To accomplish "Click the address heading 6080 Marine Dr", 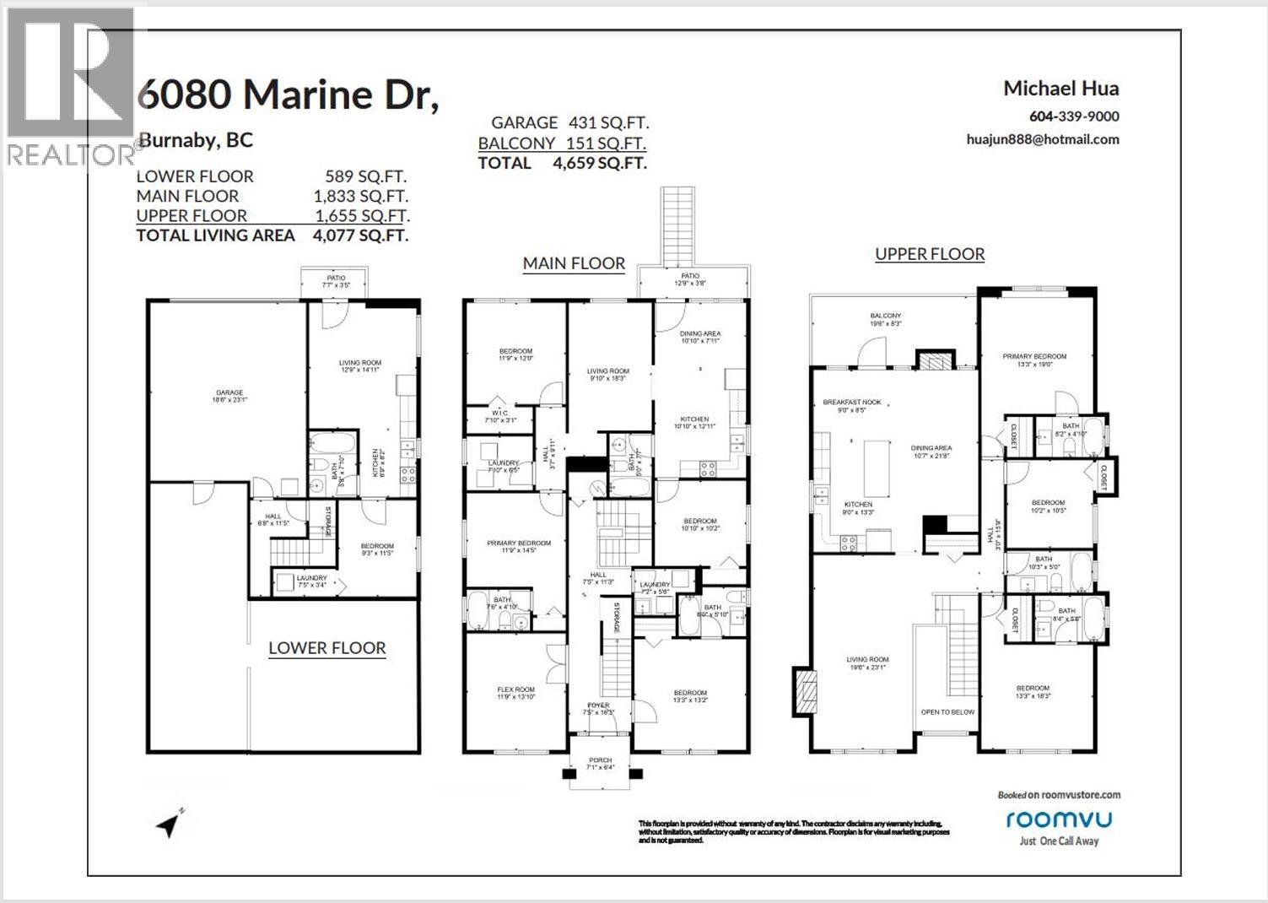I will click(x=288, y=95).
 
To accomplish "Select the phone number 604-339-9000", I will click(x=1074, y=116).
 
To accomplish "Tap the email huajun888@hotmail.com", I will click(x=1043, y=139).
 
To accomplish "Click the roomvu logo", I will click(x=1058, y=819).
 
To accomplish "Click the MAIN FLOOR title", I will click(x=574, y=263).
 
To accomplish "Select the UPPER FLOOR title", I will click(x=930, y=254).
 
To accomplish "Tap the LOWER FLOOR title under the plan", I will click(x=327, y=648).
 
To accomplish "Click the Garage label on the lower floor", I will click(x=229, y=392).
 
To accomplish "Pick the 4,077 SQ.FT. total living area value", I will click(x=360, y=235).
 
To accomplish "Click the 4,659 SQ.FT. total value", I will click(x=600, y=163).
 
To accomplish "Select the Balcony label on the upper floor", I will click(x=886, y=316).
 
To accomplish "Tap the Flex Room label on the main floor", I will click(x=515, y=689).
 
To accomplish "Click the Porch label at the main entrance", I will click(x=600, y=761).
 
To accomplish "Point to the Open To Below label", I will click(x=947, y=712).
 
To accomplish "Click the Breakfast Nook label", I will click(x=851, y=402).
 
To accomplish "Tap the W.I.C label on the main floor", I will click(x=499, y=414).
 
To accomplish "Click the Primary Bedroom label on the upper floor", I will click(x=1034, y=356).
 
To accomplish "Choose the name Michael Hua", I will click(x=1060, y=88).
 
